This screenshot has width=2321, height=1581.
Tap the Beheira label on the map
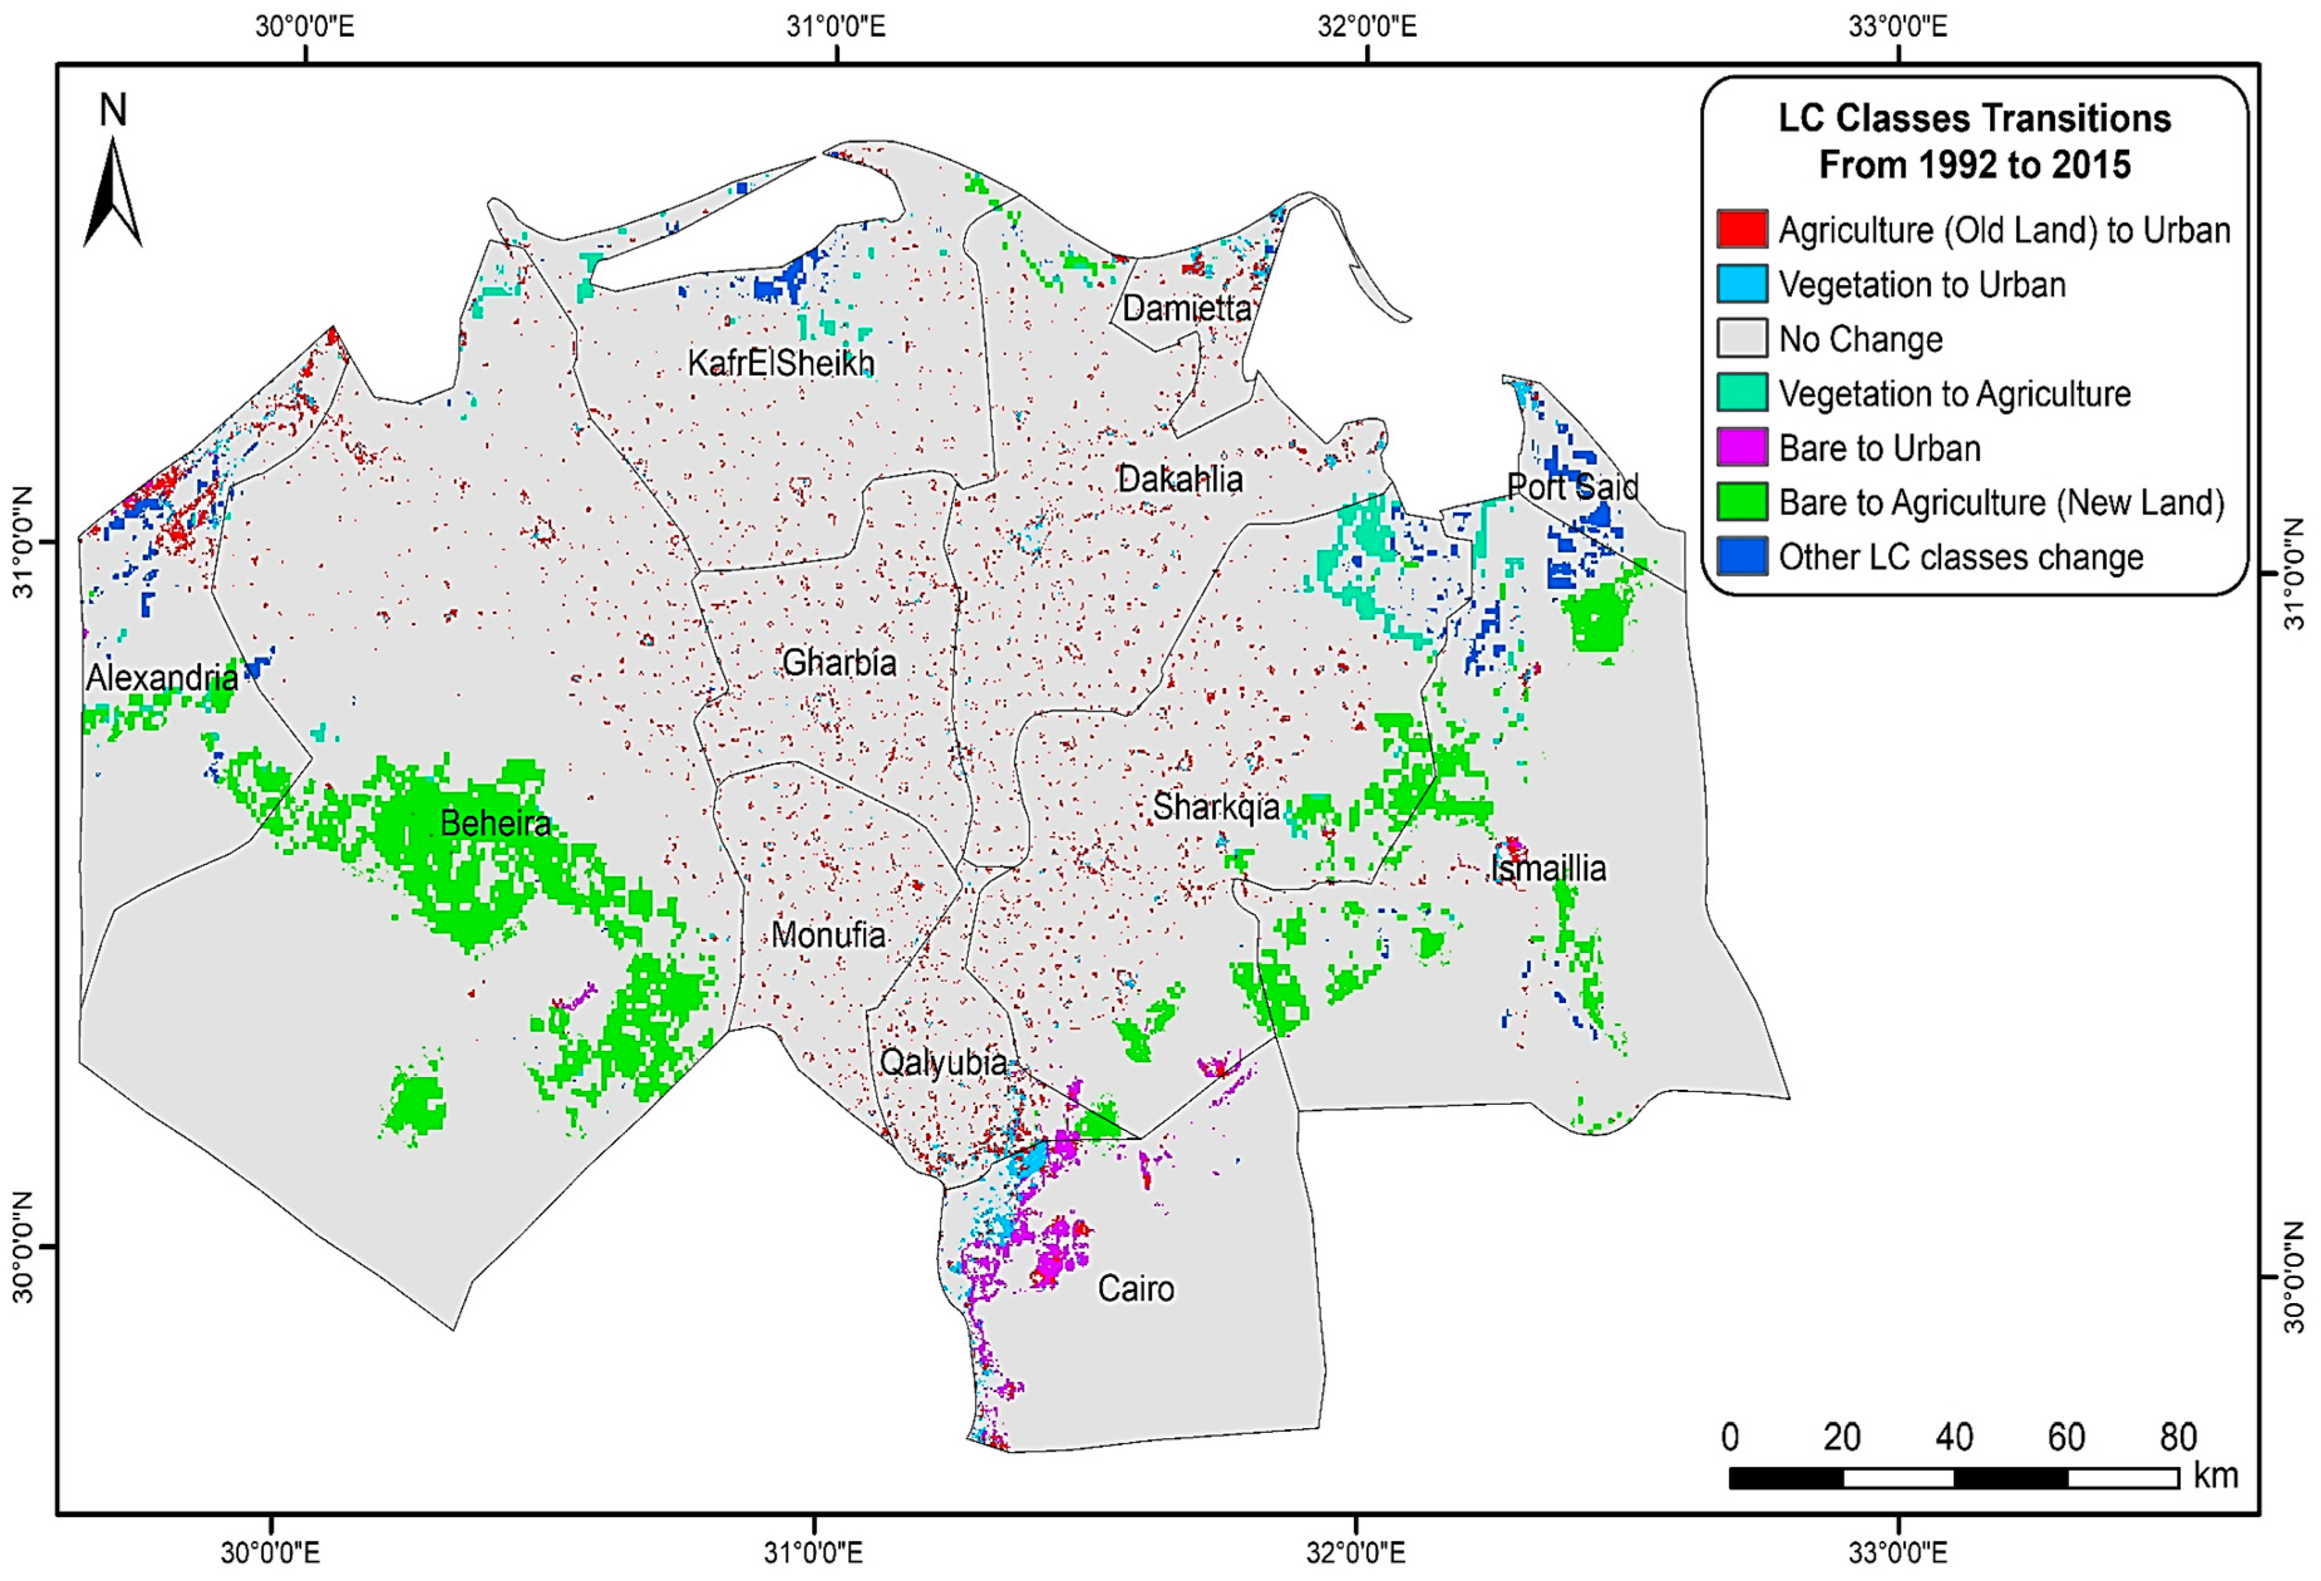click(496, 823)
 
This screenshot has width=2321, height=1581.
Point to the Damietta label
click(1186, 307)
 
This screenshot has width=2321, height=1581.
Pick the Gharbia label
click(839, 661)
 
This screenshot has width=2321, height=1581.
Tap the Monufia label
click(828, 935)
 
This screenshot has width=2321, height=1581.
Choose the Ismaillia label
click(1548, 868)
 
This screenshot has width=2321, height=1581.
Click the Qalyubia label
click(943, 1062)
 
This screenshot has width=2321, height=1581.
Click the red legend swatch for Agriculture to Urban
click(1742, 229)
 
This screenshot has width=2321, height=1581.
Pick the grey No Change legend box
click(1742, 339)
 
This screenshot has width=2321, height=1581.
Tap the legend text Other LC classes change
click(1960, 556)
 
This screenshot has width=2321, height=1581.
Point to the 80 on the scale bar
click(2177, 1437)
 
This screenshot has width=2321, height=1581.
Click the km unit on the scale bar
click(2215, 1475)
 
